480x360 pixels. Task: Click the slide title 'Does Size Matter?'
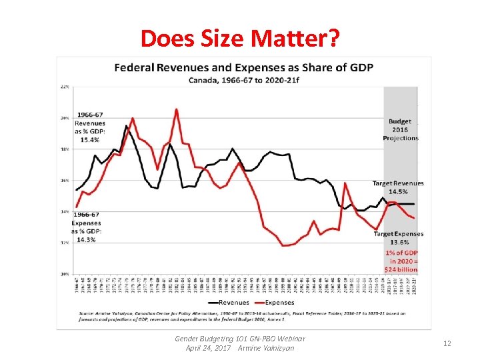pyautogui.click(x=241, y=39)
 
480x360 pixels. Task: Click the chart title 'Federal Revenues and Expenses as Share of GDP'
pyautogui.click(x=243, y=68)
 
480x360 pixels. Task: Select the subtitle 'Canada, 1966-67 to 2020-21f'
pyautogui.click(x=243, y=80)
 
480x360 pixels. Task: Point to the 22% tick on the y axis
pyautogui.click(x=65, y=87)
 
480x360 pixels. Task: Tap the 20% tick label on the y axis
pyautogui.click(x=65, y=118)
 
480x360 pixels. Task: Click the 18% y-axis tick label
pyautogui.click(x=65, y=149)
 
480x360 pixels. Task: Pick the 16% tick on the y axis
pyautogui.click(x=65, y=181)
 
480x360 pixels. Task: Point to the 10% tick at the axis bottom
pyautogui.click(x=65, y=274)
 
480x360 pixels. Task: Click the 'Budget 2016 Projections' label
pyautogui.click(x=400, y=130)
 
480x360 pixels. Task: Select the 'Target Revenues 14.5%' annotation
pyautogui.click(x=398, y=187)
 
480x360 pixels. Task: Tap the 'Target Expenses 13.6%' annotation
pyautogui.click(x=398, y=238)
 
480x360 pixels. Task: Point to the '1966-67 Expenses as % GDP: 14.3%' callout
pyautogui.click(x=87, y=227)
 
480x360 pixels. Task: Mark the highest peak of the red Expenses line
pyautogui.click(x=176, y=109)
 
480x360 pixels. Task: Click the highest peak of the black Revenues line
pyautogui.click(x=126, y=125)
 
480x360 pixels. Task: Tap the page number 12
pyautogui.click(x=447, y=343)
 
